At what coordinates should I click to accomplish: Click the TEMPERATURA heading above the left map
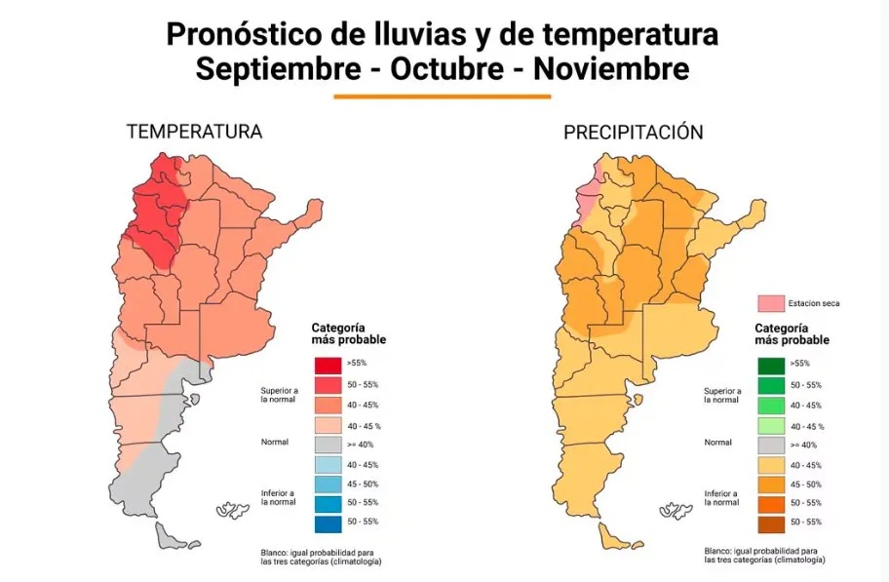pos(194,132)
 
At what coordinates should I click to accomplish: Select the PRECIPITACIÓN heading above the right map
pos(633,133)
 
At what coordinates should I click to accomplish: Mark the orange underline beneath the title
pos(443,97)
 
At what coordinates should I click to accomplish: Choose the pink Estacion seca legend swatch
pos(772,303)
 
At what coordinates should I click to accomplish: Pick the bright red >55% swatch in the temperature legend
pos(329,364)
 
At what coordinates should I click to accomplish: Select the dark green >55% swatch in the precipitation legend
pos(772,366)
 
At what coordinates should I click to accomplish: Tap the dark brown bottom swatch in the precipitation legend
pos(772,523)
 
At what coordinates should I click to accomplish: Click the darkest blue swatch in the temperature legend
pos(329,522)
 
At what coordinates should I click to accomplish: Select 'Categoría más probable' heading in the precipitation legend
pos(792,334)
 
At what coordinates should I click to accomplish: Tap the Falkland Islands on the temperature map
pos(232,510)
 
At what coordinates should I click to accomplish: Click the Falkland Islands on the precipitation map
pos(674,510)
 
